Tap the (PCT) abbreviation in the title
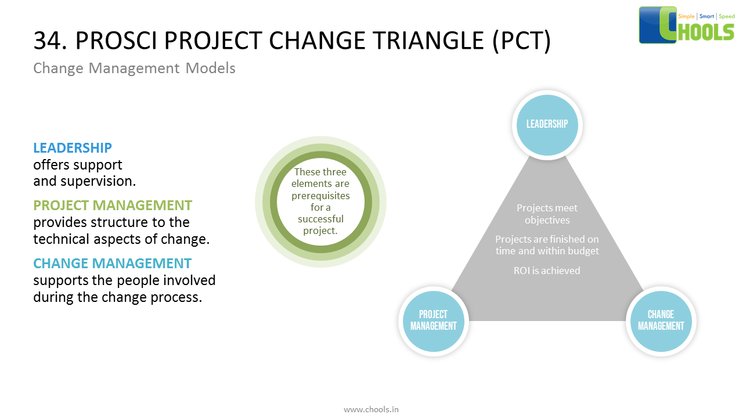521,41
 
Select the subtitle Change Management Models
134,69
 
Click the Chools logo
687,25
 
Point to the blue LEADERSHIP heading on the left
73,148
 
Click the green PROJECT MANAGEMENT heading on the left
113,206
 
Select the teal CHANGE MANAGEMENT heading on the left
112,264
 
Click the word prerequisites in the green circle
320,196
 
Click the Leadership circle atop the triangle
547,124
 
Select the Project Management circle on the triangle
434,320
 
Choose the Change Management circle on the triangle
661,320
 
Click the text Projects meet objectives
547,214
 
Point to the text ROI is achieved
547,271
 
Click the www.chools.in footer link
371,409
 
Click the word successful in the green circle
320,219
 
